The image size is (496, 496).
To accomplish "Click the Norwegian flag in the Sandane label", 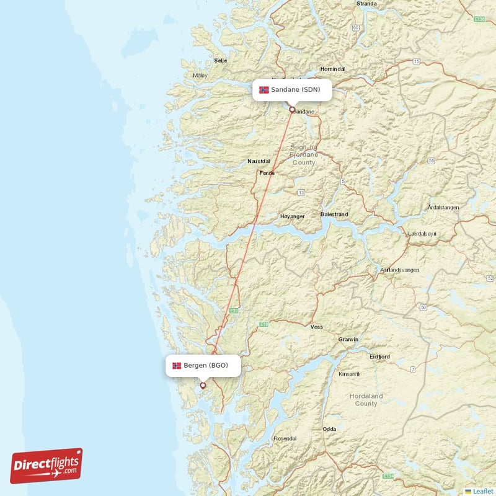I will pyautogui.click(x=264, y=90).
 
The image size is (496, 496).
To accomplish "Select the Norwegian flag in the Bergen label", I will pyautogui.click(x=177, y=365).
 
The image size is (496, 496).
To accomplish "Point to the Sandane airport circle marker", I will pyautogui.click(x=292, y=110).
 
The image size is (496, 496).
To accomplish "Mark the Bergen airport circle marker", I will pyautogui.click(x=202, y=385).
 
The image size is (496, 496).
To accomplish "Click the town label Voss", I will pyautogui.click(x=317, y=327).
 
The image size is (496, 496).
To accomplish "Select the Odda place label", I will pyautogui.click(x=329, y=429).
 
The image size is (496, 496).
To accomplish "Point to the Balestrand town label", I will pyautogui.click(x=334, y=214).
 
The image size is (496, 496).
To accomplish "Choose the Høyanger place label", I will pyautogui.click(x=293, y=216).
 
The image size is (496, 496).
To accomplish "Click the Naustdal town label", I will pyautogui.click(x=259, y=161).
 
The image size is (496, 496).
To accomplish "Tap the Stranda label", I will pyautogui.click(x=366, y=4).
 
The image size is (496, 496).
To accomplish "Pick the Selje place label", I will pyautogui.click(x=220, y=61).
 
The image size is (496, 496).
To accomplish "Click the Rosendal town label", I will pyautogui.click(x=285, y=438).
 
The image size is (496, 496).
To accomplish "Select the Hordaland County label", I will pyautogui.click(x=366, y=399).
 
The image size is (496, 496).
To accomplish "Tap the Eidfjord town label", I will pyautogui.click(x=379, y=356).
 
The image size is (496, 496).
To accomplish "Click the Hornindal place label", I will pyautogui.click(x=332, y=69).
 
